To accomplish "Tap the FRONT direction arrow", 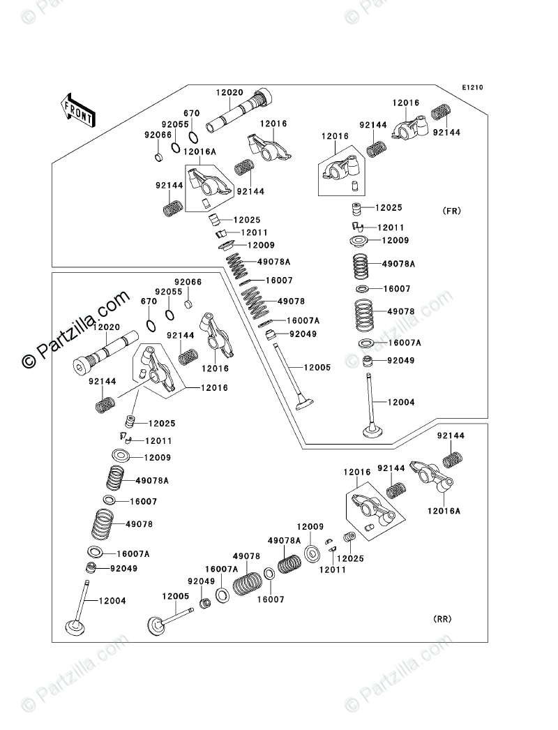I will coord(77,110).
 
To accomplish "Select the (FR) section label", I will coord(451,211).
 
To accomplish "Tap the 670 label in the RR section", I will coord(149,301).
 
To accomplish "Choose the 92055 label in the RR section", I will coord(169,292).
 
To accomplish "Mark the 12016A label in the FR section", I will coord(200,150).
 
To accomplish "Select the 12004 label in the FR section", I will coord(400,402).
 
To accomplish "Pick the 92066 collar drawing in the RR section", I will coord(188,304).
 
